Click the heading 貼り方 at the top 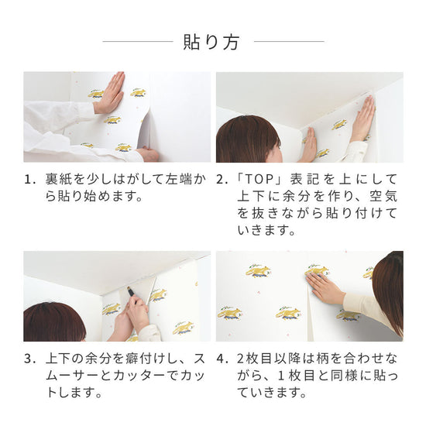tap(211, 42)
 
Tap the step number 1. tap(29, 180)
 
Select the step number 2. tap(222, 180)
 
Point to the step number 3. tap(29, 359)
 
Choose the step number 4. tap(222, 359)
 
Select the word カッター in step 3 tap(141, 376)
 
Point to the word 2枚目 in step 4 tap(255, 359)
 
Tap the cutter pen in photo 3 tap(131, 291)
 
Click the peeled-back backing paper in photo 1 tap(146, 132)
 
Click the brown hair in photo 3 tap(53, 322)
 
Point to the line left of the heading tap(138, 42)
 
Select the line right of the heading tap(289, 42)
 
